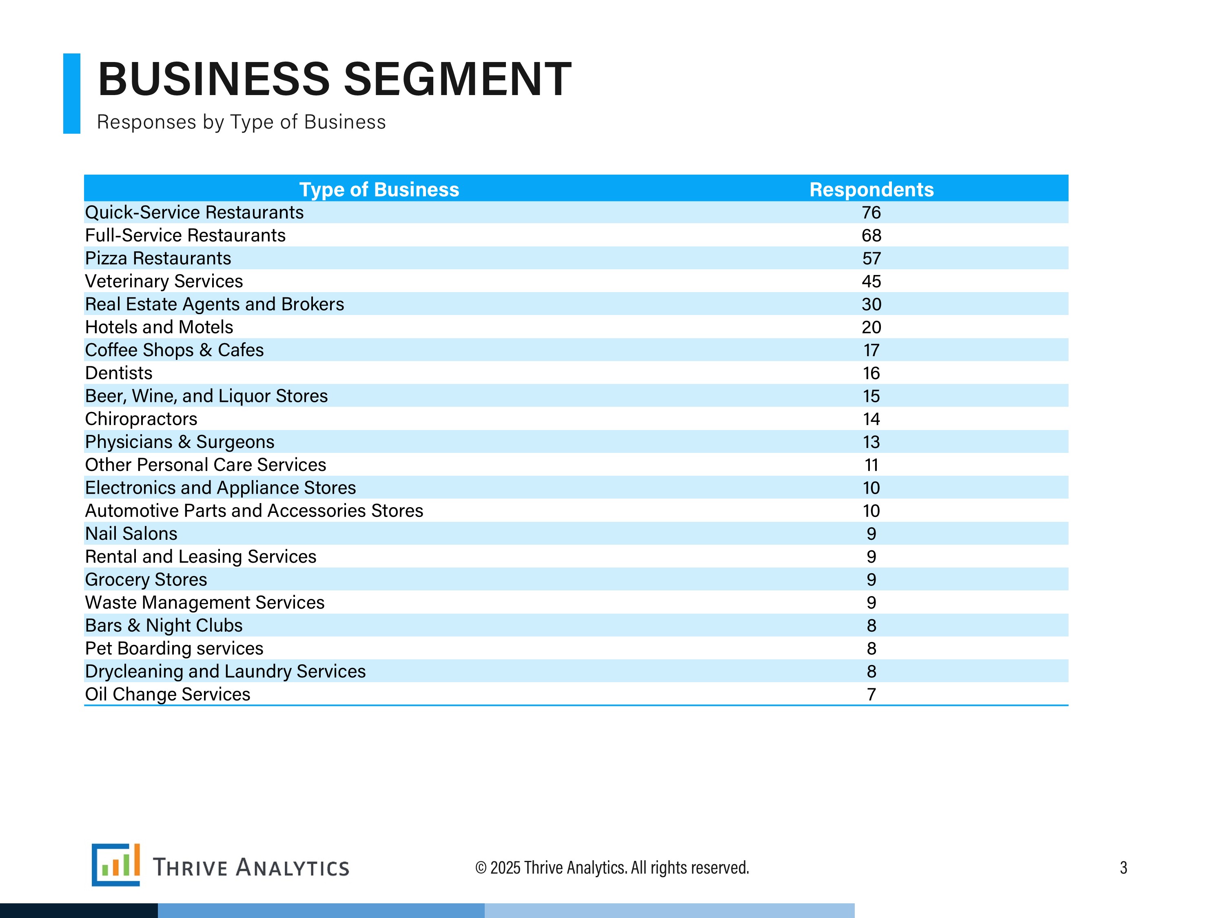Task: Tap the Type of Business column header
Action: [379, 189]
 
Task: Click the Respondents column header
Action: [871, 189]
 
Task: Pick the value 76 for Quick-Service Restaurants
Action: [871, 213]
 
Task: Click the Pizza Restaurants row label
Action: [158, 258]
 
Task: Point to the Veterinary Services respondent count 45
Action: [871, 281]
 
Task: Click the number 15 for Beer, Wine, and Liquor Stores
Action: [871, 396]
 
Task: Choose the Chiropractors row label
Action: [141, 419]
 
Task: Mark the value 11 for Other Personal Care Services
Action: [871, 465]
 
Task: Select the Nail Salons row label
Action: [131, 533]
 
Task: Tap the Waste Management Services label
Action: [205, 602]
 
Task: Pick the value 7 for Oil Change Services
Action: [871, 694]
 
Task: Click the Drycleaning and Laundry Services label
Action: [225, 671]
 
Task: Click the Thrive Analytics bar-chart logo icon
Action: [115, 864]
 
